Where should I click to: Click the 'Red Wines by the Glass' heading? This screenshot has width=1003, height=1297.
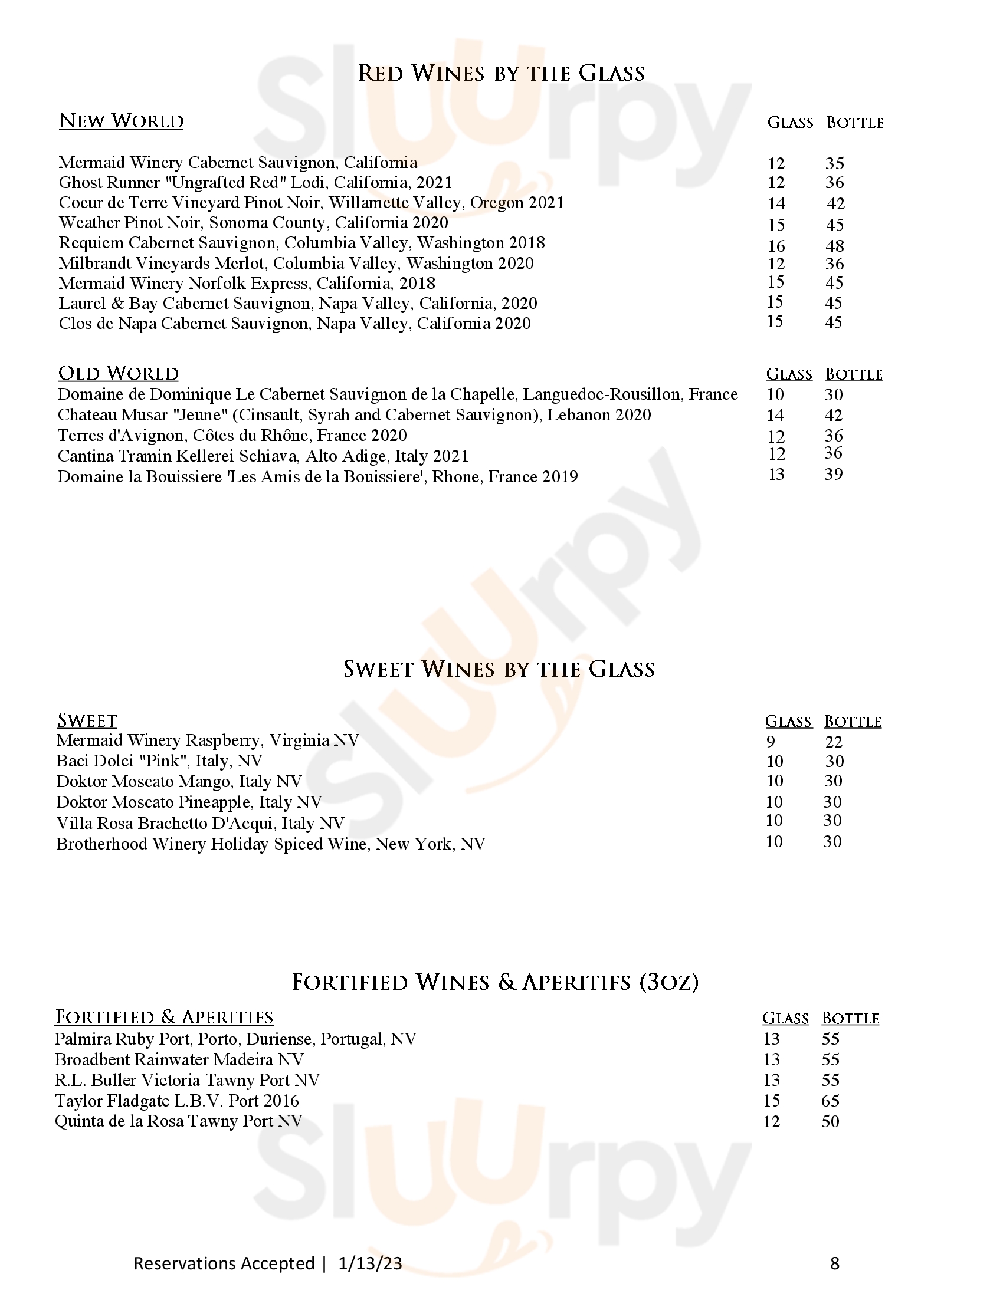(501, 74)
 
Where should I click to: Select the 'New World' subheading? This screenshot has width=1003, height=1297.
(121, 121)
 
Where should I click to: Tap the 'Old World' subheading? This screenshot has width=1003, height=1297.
(118, 374)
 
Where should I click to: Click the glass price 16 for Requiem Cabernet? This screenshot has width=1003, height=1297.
(776, 246)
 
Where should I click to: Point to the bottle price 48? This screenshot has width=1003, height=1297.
(835, 246)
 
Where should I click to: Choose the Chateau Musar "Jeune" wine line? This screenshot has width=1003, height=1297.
(354, 415)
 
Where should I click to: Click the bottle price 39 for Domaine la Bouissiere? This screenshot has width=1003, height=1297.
(833, 475)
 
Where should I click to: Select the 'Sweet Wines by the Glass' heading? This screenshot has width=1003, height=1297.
(499, 669)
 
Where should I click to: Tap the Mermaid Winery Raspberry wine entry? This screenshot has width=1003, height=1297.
(207, 740)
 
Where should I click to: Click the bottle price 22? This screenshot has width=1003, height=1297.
(834, 742)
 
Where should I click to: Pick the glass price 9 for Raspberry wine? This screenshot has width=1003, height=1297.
(771, 742)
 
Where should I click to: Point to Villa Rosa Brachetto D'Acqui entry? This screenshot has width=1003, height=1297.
(200, 823)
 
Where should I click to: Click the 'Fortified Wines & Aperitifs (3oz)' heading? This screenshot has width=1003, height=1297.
(495, 982)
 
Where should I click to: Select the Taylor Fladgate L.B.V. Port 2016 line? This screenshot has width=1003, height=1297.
(177, 1101)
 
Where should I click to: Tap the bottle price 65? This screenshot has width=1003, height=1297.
(830, 1101)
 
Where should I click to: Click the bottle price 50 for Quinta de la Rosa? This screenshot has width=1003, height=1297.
(830, 1122)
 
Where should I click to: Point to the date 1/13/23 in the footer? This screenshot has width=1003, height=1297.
(370, 1263)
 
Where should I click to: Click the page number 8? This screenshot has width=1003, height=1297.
(834, 1263)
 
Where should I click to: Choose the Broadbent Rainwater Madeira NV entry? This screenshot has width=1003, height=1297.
(179, 1059)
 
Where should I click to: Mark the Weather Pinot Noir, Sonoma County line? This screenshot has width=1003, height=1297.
(253, 223)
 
